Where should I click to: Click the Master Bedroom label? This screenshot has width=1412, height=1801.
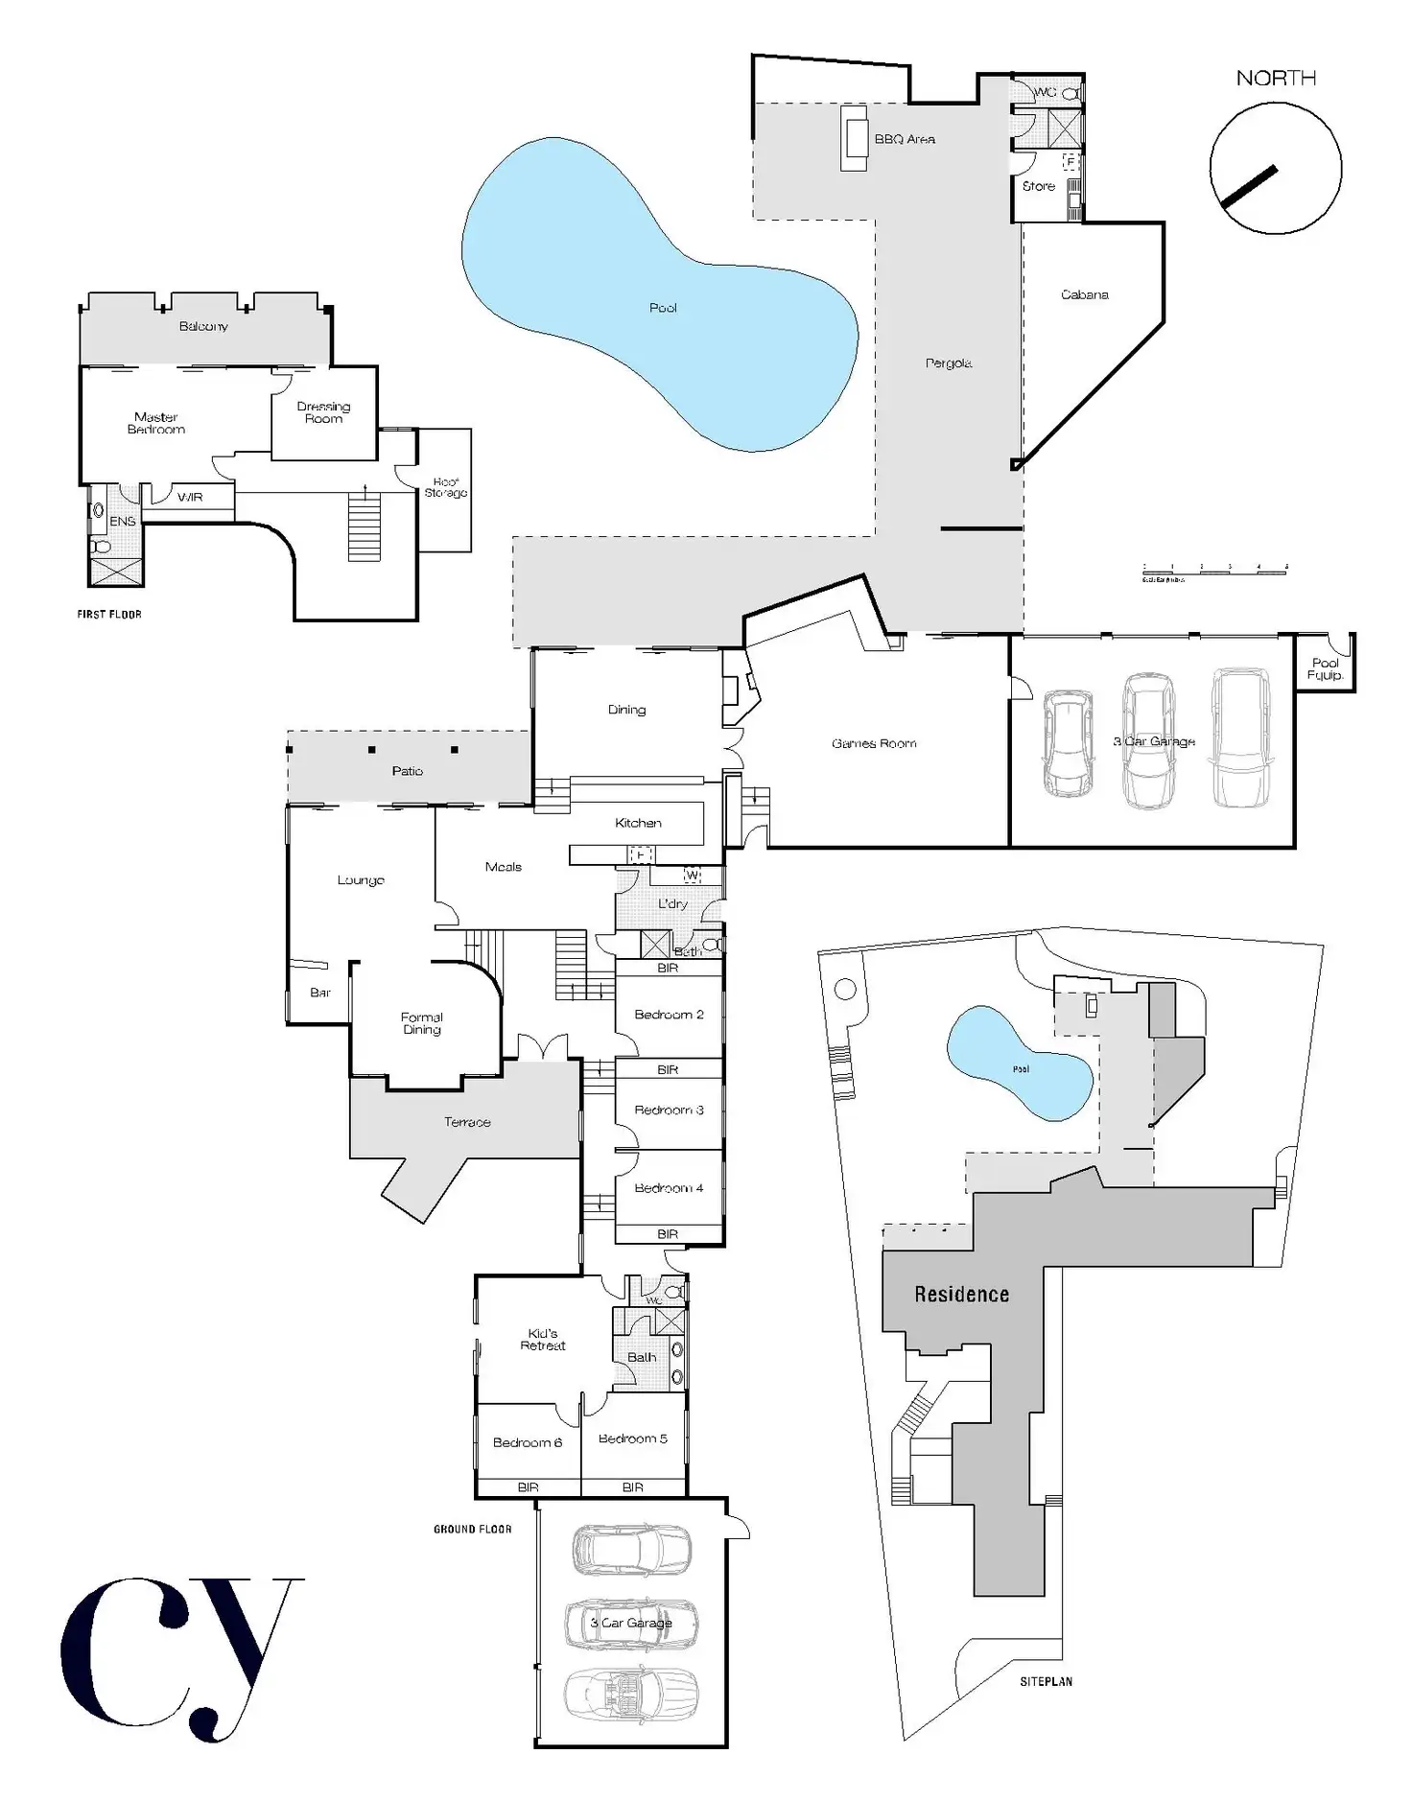pyautogui.click(x=155, y=423)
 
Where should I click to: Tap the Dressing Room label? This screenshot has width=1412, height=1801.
pyautogui.click(x=323, y=412)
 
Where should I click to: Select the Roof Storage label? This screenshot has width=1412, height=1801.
pyautogui.click(x=445, y=487)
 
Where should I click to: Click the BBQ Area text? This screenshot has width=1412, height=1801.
pyautogui.click(x=904, y=139)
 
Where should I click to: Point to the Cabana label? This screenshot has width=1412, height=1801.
pyautogui.click(x=1084, y=294)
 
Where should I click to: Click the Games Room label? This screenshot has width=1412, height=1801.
pyautogui.click(x=873, y=743)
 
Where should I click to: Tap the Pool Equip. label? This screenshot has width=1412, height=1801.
pyautogui.click(x=1325, y=668)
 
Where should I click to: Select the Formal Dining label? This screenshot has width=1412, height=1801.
pyautogui.click(x=421, y=1023)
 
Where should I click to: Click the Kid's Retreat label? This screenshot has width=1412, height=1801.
pyautogui.click(x=542, y=1340)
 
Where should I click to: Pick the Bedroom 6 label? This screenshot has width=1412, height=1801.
pyautogui.click(x=527, y=1442)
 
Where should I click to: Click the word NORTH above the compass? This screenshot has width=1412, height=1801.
pyautogui.click(x=1275, y=79)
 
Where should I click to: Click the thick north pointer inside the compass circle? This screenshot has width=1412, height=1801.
pyautogui.click(x=1249, y=187)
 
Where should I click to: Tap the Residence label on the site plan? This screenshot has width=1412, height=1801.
pyautogui.click(x=961, y=1295)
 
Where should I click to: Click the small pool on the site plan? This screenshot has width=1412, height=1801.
pyautogui.click(x=1020, y=1064)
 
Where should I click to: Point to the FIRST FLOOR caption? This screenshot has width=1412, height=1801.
pyautogui.click(x=108, y=615)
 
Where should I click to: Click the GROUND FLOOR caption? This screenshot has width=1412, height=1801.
pyautogui.click(x=472, y=1530)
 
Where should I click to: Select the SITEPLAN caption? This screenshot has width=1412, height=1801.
pyautogui.click(x=1046, y=1681)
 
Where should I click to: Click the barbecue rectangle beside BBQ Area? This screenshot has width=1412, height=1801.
pyautogui.click(x=854, y=139)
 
